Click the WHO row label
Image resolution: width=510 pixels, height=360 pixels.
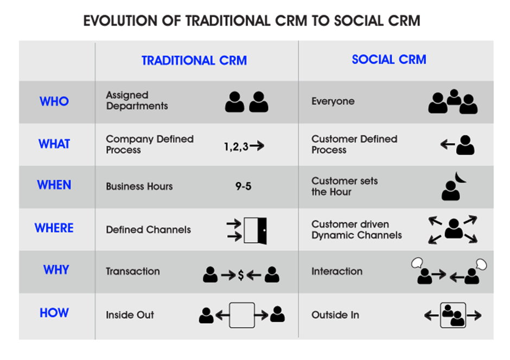[x=54, y=101]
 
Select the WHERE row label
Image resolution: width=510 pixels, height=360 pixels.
[x=54, y=228]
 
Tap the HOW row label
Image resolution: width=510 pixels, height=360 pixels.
[x=54, y=313]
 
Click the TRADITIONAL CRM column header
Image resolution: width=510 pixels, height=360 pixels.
[x=194, y=61]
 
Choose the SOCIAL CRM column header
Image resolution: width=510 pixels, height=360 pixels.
[x=389, y=60]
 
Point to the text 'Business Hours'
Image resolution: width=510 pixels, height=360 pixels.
[x=139, y=187]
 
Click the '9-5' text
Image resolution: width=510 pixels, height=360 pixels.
[x=243, y=186]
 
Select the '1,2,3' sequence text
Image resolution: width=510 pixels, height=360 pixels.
[x=236, y=146]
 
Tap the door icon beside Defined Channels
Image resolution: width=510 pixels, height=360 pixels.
[x=256, y=230]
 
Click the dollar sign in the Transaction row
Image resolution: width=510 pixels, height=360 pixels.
[x=241, y=275]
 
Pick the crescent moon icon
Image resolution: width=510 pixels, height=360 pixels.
[x=461, y=177]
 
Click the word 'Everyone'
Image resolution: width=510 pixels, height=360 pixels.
[x=333, y=101]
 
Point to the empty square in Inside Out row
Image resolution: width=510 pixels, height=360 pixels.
[x=242, y=315]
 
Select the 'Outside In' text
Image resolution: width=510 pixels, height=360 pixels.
[x=335, y=315]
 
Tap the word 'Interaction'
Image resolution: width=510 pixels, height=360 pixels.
[x=337, y=272]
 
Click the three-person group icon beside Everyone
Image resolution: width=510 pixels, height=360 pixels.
[x=453, y=101]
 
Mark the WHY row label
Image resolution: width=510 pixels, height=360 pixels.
[x=56, y=270]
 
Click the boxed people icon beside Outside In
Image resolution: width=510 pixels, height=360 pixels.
[x=453, y=315]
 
